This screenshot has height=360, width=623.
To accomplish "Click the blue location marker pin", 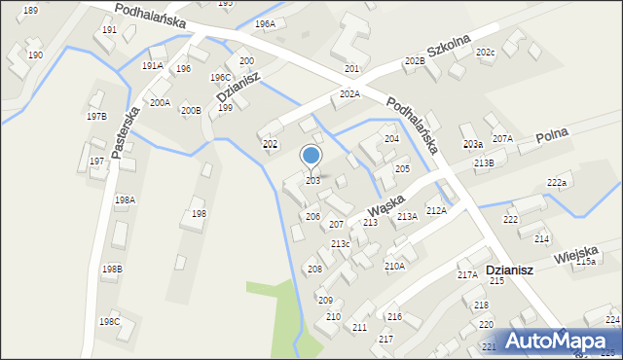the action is click(x=311, y=157).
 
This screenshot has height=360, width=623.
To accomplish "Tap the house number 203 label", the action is click(x=312, y=181).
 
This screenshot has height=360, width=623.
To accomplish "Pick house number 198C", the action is click(x=109, y=321).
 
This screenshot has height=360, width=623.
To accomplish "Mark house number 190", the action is click(x=35, y=55).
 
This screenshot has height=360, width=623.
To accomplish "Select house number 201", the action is click(x=351, y=69).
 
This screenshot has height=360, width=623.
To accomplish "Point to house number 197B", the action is click(x=95, y=116).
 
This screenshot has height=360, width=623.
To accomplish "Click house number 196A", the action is click(x=265, y=23).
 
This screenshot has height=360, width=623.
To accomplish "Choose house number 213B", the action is click(x=484, y=163).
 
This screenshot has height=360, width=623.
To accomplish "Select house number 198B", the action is click(x=112, y=269).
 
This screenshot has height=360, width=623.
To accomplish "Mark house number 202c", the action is click(x=485, y=52).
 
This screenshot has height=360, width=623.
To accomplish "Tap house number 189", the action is click(x=30, y=10).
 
